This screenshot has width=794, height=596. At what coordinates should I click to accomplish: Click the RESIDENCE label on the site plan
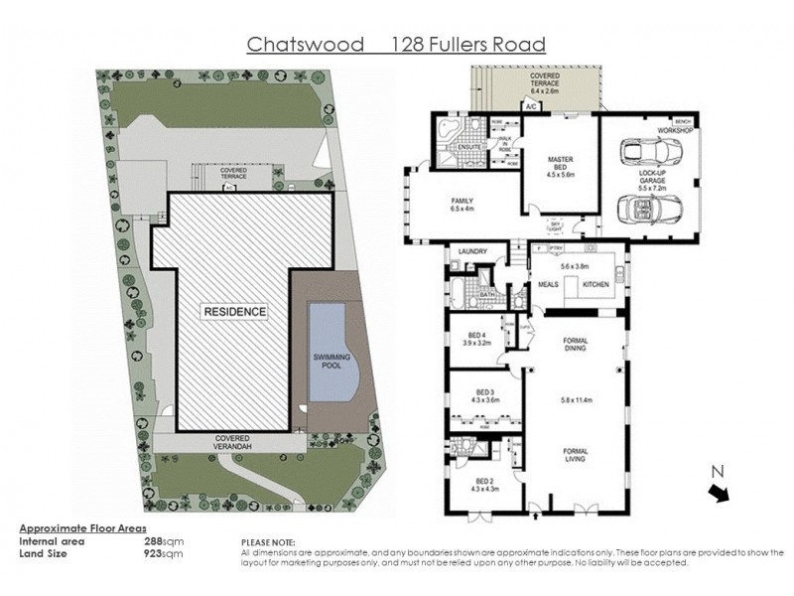(x=235, y=312)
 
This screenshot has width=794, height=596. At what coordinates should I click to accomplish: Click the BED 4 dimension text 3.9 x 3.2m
(x=476, y=344)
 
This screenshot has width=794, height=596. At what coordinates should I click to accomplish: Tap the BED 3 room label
(x=485, y=390)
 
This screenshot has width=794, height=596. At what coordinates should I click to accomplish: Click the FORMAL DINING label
(x=575, y=344)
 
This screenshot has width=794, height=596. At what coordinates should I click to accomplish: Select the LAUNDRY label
(x=467, y=252)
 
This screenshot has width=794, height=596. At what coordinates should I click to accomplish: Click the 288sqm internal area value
(x=164, y=541)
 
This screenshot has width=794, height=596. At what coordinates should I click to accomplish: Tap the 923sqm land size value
(x=164, y=552)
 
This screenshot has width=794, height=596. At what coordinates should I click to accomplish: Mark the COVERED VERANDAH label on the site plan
(x=227, y=441)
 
